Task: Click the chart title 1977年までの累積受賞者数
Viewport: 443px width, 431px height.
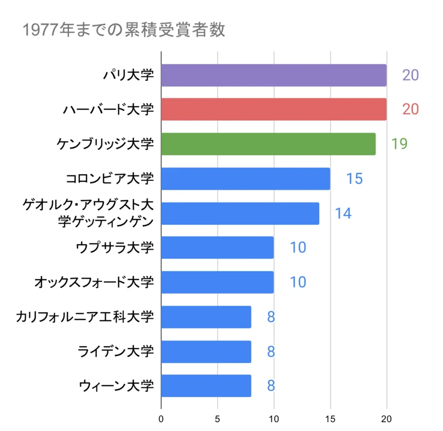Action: (x=123, y=30)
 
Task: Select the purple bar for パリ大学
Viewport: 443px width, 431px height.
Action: (x=273, y=75)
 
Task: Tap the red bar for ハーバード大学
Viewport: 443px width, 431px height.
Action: (x=273, y=109)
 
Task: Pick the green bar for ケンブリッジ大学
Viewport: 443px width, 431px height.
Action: (x=268, y=144)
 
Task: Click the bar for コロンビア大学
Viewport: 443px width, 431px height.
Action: (x=245, y=179)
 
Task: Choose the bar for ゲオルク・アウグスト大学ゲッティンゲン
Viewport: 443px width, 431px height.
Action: (x=240, y=213)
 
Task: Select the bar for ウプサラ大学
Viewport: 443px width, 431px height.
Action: (x=217, y=248)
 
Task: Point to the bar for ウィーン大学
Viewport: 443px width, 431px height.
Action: (x=206, y=386)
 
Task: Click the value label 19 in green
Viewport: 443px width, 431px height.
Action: (x=399, y=144)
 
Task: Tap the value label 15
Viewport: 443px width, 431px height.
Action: (x=354, y=179)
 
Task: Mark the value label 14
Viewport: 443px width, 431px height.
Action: (x=343, y=213)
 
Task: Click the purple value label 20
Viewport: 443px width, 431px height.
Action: (x=410, y=75)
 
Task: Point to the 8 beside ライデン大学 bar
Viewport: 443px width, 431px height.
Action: (x=271, y=351)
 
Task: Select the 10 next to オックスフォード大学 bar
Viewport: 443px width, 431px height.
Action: (x=298, y=282)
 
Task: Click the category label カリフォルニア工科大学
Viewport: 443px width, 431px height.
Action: (x=84, y=317)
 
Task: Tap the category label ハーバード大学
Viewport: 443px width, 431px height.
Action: (x=108, y=109)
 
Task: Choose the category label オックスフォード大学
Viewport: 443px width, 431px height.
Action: (x=94, y=282)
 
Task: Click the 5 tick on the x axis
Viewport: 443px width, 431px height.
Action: (x=217, y=419)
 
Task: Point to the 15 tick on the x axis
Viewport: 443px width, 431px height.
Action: (x=331, y=419)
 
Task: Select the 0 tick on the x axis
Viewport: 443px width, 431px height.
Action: (x=161, y=419)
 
